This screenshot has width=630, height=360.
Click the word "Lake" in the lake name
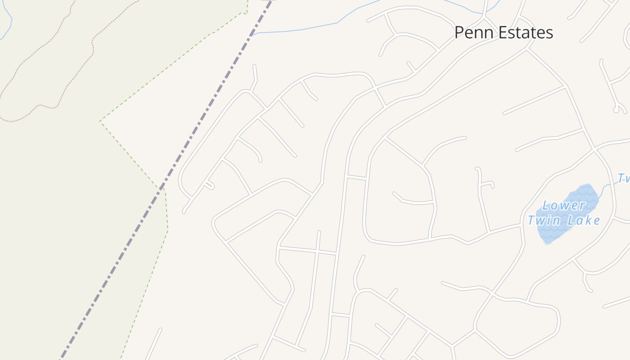tap(584, 220)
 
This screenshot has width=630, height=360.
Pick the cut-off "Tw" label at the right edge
tap(624, 178)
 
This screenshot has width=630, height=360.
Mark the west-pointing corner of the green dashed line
tap(100, 121)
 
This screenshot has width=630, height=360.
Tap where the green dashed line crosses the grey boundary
tap(161, 188)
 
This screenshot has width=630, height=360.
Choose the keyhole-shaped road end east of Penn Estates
tap(620, 108)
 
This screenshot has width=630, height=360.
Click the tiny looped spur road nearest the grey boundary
tap(209, 184)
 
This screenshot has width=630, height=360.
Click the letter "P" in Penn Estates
tap(459, 32)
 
